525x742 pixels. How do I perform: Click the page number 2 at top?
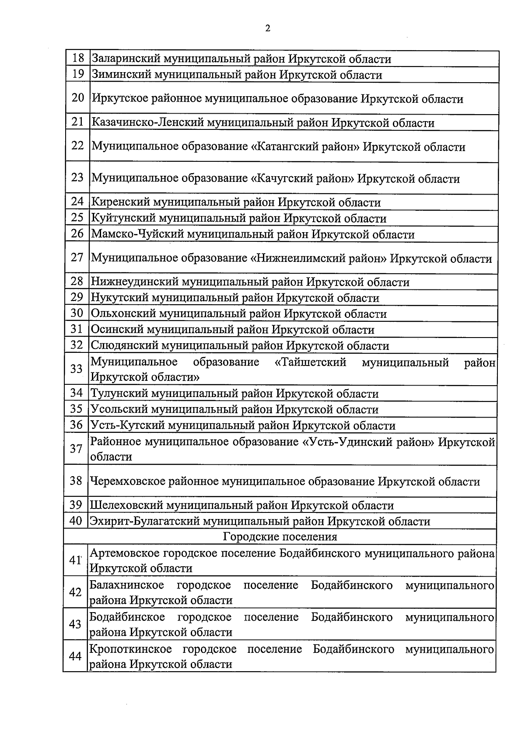pos(268,29)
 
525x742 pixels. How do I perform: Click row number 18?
pos(77,58)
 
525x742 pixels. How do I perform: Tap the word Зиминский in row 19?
pos(120,75)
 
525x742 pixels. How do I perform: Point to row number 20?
pos(77,98)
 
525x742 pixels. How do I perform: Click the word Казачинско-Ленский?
pos(147,123)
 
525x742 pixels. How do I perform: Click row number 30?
pos(77,313)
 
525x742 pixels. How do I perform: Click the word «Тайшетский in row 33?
pos(311,362)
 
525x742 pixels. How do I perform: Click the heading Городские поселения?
pos(280,537)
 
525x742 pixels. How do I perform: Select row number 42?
pos(75,592)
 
